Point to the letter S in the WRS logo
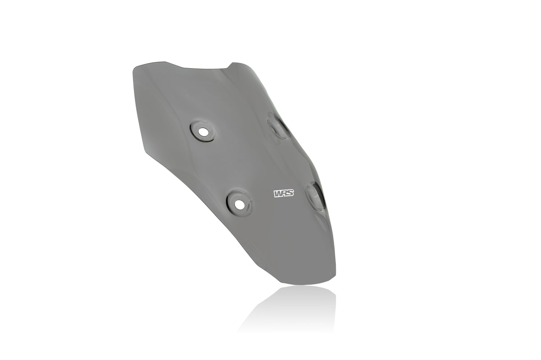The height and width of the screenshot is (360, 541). (x=290, y=194)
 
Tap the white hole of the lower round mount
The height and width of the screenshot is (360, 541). (x=239, y=204)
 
